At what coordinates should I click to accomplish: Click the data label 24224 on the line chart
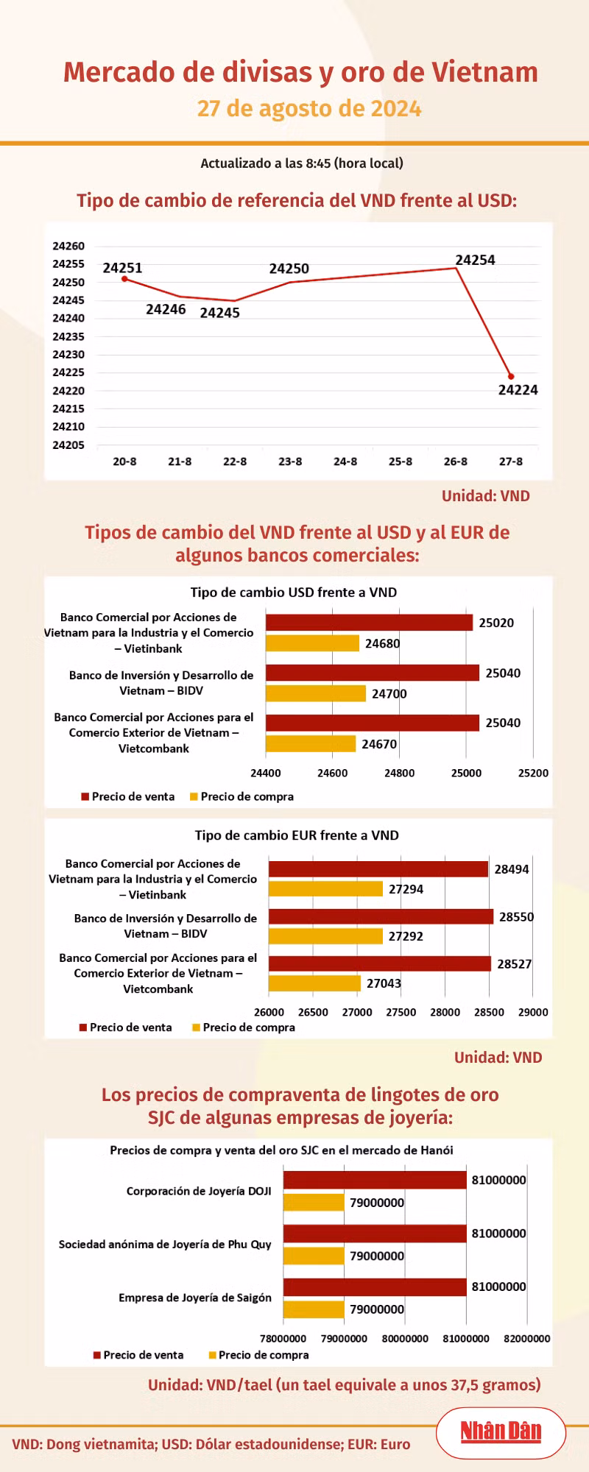518,390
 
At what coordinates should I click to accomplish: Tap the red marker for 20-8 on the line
124,279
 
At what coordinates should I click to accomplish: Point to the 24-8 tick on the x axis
345,461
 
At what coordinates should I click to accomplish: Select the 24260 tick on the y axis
68,246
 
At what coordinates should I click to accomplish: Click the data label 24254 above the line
476,260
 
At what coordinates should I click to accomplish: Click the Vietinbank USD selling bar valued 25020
369,623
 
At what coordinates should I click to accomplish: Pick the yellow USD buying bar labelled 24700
316,693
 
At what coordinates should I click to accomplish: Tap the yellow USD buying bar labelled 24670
311,743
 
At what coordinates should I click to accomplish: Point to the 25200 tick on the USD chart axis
533,773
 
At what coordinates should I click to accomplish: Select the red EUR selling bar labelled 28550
381,916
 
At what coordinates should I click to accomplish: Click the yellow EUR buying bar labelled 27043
314,983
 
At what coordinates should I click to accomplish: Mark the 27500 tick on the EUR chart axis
401,1012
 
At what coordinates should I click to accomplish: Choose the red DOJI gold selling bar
375,1180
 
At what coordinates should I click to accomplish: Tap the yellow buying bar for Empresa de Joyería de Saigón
314,1309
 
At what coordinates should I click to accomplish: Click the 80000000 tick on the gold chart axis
405,1338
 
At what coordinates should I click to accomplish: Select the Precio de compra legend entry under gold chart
259,1355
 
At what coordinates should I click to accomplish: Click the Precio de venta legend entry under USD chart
128,796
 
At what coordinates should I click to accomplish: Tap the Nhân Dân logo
501,1432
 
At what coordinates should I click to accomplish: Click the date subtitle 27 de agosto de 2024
309,108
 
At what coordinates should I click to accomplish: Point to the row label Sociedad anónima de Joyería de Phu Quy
165,1245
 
